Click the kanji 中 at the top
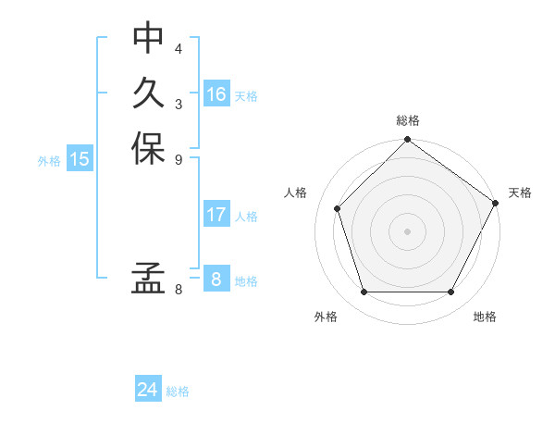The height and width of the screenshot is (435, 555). click(x=148, y=38)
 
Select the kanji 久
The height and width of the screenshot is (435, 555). click(x=148, y=94)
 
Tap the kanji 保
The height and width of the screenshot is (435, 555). click(x=148, y=150)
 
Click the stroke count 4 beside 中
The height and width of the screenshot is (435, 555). click(x=179, y=48)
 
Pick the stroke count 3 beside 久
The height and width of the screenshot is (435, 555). click(x=179, y=104)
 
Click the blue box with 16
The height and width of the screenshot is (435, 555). click(x=216, y=94)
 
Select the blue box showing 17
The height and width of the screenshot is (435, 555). click(x=216, y=215)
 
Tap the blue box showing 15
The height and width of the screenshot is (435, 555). click(x=80, y=159)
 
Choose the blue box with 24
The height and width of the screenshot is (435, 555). click(x=148, y=390)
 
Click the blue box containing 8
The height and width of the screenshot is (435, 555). click(x=216, y=279)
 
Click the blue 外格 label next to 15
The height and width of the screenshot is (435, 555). click(x=49, y=161)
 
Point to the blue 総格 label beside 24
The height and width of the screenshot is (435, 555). click(x=178, y=391)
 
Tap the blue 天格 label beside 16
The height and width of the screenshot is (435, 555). click(x=246, y=96)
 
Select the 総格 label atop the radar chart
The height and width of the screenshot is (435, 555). click(x=407, y=120)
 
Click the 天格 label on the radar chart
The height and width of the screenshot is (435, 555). click(x=520, y=193)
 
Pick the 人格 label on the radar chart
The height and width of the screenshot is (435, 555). click(x=296, y=193)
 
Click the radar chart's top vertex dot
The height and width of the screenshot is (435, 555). click(x=407, y=142)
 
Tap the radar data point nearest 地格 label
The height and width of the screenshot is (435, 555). click(x=450, y=292)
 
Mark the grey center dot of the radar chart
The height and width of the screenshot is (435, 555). click(x=407, y=231)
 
